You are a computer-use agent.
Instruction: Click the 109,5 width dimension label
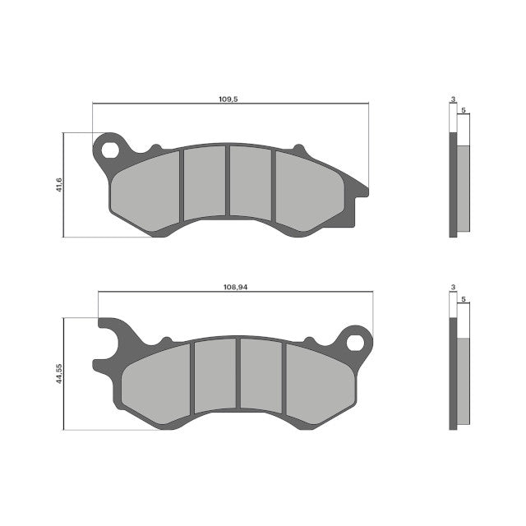click(x=228, y=99)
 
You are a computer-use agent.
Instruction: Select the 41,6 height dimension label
click(x=59, y=186)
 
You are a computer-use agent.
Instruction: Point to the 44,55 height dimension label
click(x=59, y=374)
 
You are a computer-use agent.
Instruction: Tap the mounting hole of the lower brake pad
click(x=357, y=339)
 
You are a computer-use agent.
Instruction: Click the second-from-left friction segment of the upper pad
click(x=203, y=182)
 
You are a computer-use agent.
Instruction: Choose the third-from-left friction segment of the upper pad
click(x=250, y=182)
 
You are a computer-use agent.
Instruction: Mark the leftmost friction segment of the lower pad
click(x=156, y=381)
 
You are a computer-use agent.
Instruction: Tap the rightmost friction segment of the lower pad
click(x=319, y=381)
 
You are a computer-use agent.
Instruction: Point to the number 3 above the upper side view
click(x=453, y=99)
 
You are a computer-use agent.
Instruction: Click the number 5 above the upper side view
click(x=464, y=109)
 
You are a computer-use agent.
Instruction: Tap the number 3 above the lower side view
click(x=453, y=288)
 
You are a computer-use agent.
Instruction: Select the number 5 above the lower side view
click(x=464, y=299)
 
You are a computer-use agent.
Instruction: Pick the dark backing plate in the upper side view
click(x=453, y=184)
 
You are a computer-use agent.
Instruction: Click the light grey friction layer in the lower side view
click(x=464, y=382)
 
